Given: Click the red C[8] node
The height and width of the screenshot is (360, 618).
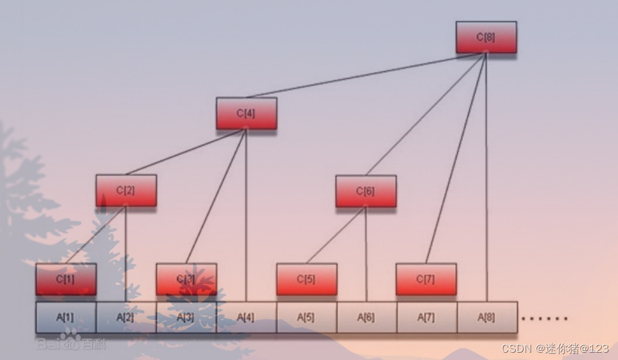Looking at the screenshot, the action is [486, 37].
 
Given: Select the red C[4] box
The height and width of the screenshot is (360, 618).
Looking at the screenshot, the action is [246, 113].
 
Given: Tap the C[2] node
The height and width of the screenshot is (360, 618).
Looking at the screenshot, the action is [126, 190].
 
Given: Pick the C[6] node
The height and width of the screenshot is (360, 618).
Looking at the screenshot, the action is [366, 191].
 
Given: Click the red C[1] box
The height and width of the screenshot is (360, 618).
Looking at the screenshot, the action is [66, 279].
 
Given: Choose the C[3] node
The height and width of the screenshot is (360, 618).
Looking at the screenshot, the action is [186, 279].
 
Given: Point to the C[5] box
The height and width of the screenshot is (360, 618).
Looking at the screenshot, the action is [307, 279].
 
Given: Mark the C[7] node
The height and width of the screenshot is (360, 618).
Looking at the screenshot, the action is [426, 279].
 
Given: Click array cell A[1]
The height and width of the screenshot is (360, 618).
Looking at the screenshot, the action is [66, 317].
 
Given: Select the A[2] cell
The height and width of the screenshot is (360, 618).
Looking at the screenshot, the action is [126, 317].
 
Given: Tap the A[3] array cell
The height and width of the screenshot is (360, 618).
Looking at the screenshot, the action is [186, 317].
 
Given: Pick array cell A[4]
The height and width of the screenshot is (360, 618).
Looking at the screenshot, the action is [246, 317].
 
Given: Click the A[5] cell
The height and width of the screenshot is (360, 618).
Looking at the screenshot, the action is [307, 317].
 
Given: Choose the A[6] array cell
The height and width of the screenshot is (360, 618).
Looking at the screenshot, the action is [366, 317].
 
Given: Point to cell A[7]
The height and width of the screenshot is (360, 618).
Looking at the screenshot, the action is [426, 317].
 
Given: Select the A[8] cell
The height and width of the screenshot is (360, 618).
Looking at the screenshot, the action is [487, 317].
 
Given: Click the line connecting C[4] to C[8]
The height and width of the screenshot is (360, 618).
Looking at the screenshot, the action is [365, 75].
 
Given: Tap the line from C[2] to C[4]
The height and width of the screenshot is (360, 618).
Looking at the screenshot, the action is [186, 151].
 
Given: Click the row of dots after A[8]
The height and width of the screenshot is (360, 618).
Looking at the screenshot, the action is [545, 318].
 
